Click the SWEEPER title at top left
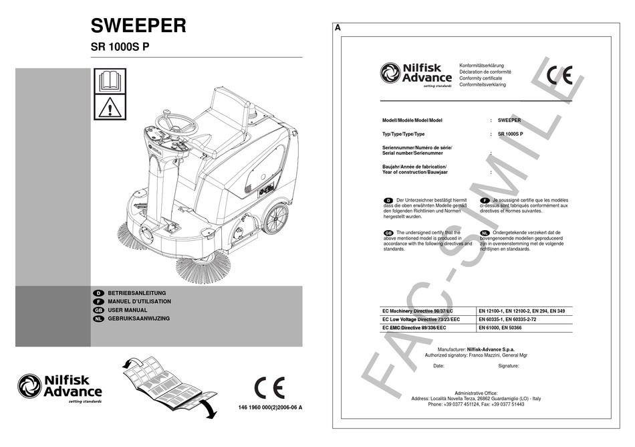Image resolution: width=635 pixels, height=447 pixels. point(138,25)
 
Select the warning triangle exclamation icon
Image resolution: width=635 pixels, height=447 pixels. point(108,108)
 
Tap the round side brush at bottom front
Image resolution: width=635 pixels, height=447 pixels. point(203,268)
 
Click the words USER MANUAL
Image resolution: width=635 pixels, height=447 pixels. point(136,310)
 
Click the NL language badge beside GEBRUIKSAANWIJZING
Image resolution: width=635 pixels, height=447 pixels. point(98,319)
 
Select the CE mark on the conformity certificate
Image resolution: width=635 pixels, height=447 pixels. point(559,74)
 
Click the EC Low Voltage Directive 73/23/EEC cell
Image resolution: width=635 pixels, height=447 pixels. point(420,320)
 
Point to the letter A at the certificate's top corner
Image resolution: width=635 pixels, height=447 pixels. point(338,28)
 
